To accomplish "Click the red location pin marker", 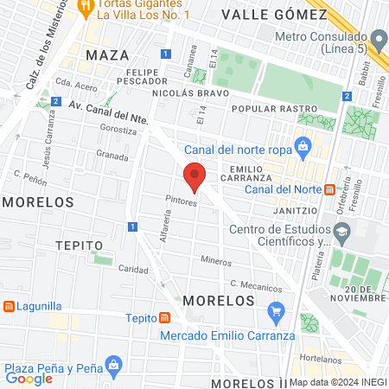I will click(x=194, y=177).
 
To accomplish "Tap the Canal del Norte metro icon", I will click(x=329, y=189).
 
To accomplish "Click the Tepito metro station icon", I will click(x=163, y=317).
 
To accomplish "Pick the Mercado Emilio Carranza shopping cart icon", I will click(x=277, y=310).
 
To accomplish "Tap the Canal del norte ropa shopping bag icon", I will click(x=302, y=147).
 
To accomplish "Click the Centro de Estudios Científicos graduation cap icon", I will click(x=343, y=231).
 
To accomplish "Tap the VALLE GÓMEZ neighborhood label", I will click(x=259, y=14).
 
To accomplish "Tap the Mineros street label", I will click(x=216, y=260).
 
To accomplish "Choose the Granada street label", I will click(x=112, y=156).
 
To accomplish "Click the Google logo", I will click(x=29, y=378).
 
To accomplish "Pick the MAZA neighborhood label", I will click(x=107, y=55).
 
